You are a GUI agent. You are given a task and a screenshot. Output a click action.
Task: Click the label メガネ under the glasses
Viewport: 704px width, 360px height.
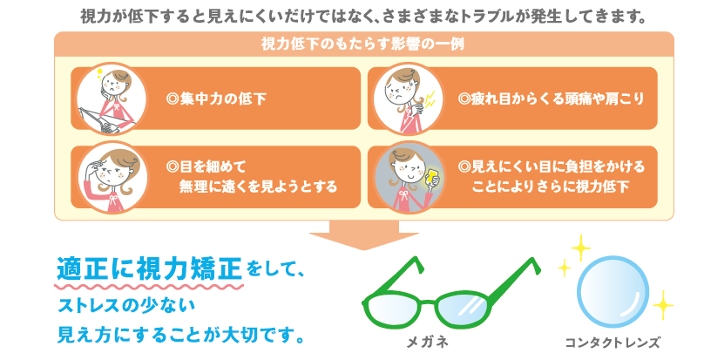427,343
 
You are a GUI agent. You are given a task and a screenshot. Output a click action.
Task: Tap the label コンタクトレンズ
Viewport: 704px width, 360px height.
613,343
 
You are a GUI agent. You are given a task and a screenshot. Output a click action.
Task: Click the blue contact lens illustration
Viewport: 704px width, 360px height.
613,293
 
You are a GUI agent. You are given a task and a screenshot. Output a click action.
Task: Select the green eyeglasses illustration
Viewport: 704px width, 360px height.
451,294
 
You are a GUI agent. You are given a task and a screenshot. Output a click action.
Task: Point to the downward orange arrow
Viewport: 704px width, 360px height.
364,234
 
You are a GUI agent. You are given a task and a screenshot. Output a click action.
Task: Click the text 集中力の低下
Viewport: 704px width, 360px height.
216,98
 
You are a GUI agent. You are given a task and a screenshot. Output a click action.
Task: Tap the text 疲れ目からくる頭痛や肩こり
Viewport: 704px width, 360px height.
551,98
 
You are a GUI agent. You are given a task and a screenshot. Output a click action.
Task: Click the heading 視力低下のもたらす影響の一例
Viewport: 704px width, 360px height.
362,44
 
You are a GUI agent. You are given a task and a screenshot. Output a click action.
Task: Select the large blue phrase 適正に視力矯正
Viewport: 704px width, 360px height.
150,268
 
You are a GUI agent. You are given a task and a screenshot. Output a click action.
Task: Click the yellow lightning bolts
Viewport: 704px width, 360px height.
430,100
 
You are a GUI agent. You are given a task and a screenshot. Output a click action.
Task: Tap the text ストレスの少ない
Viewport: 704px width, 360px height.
126,307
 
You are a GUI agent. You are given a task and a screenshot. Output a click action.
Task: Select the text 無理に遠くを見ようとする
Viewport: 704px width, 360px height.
258,186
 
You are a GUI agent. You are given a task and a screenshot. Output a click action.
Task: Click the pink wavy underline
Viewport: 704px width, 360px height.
149,286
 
